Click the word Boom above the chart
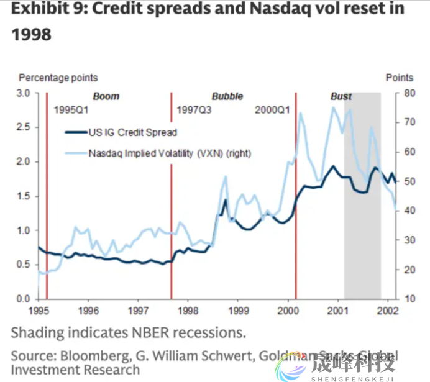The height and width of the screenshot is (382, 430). pos(106,96)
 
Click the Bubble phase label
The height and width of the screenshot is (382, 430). pos(227,96)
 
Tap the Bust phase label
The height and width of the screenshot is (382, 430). pos(341,96)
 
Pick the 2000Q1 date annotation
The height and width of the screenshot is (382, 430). pos(273,110)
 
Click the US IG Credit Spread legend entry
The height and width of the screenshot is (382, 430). pos(132,132)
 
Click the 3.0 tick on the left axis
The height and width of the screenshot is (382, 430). pos(24,93)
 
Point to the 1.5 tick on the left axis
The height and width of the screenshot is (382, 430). pos(24,196)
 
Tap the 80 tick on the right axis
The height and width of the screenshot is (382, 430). pos(408,93)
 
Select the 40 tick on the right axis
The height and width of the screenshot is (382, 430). pos(408,211)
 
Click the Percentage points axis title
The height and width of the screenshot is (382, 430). pos(58,78)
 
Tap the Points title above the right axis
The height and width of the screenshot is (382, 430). pos(399,78)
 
